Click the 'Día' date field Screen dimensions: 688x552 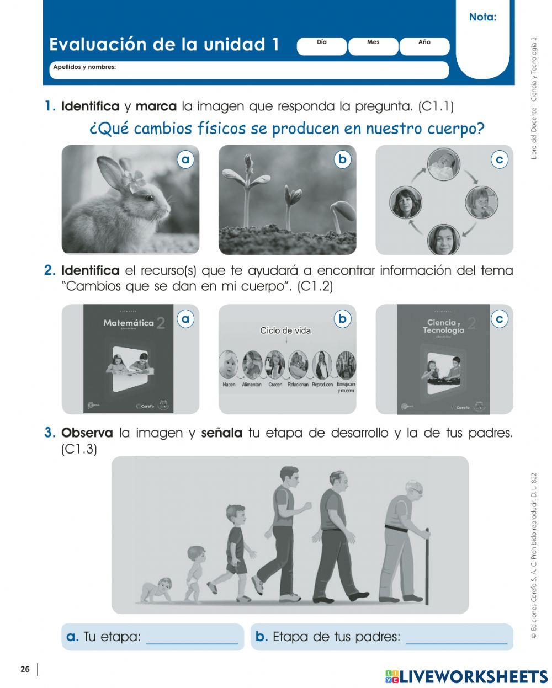[322, 46]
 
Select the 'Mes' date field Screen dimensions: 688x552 [373, 46]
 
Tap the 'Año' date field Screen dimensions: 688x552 [424, 46]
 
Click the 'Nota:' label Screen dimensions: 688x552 [482, 17]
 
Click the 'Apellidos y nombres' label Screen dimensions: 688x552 [84, 67]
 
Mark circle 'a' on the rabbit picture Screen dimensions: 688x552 [186, 159]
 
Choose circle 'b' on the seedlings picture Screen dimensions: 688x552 [343, 159]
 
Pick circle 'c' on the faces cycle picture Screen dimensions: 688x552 [500, 159]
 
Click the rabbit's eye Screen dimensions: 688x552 [149, 197]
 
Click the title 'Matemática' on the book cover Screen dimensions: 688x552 [128, 323]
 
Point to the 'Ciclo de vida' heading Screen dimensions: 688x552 [285, 331]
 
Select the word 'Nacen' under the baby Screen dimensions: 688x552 [229, 385]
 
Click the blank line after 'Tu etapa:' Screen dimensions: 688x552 [192, 638]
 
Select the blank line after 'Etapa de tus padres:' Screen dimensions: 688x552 [456, 638]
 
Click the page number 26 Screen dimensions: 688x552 [25, 669]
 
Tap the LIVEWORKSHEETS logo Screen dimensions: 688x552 [466, 677]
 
